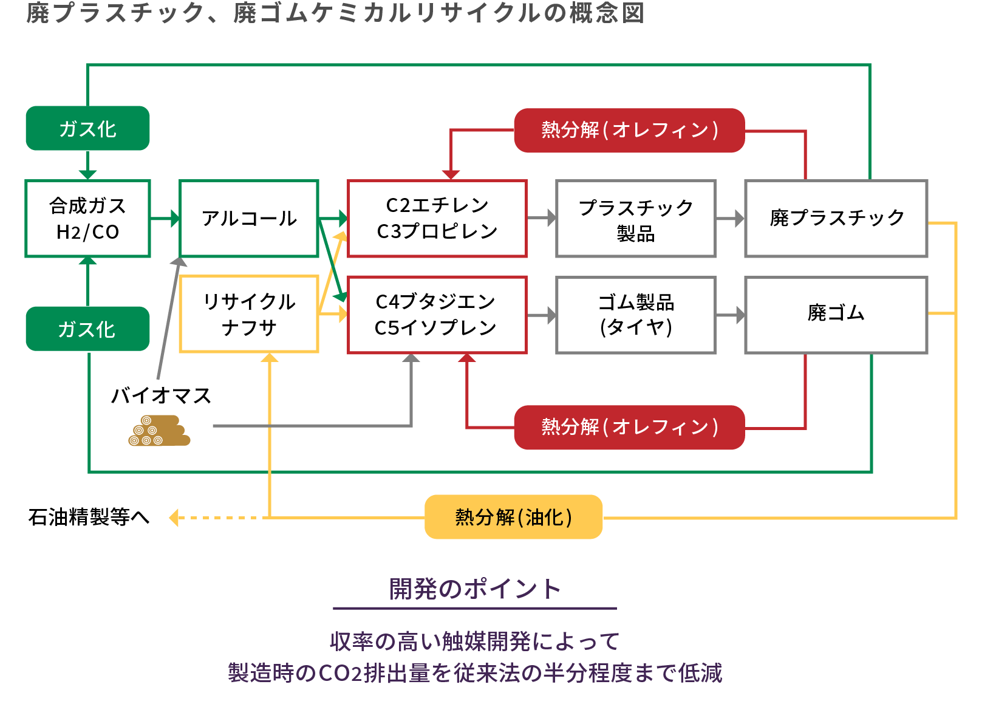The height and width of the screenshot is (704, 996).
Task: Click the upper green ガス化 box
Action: pos(87,128)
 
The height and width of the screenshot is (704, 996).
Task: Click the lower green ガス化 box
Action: pos(87,329)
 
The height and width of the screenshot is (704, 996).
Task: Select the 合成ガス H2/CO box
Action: pos(87,219)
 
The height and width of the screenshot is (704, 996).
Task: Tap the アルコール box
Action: pos(249,219)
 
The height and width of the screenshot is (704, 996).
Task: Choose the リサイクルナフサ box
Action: pos(249,314)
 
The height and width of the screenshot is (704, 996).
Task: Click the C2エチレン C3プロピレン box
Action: pos(437,219)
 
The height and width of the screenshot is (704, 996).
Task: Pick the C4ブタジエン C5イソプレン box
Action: pos(437,314)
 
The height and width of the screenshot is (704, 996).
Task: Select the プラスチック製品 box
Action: pos(635,219)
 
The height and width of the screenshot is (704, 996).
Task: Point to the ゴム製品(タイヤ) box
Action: pos(635,314)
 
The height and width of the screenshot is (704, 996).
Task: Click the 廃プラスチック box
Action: pos(836,219)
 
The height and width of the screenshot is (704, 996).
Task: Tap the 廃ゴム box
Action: pos(836,314)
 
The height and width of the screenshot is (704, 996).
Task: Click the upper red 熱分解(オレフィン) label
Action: pos(629,130)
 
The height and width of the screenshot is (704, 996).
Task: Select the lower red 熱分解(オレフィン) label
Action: pos(629,427)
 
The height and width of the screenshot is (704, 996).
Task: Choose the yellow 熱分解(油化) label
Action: pos(513,517)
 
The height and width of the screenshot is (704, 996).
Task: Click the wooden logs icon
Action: pos(159,431)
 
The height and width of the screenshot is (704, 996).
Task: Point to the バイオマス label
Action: pos(161,396)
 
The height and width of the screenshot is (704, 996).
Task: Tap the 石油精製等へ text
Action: pos(89,518)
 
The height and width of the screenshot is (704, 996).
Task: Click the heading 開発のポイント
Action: pos(474,589)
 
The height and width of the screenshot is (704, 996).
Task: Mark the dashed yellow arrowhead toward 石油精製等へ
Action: pos(174,518)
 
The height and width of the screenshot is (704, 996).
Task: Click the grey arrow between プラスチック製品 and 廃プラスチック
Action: pos(730,218)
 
